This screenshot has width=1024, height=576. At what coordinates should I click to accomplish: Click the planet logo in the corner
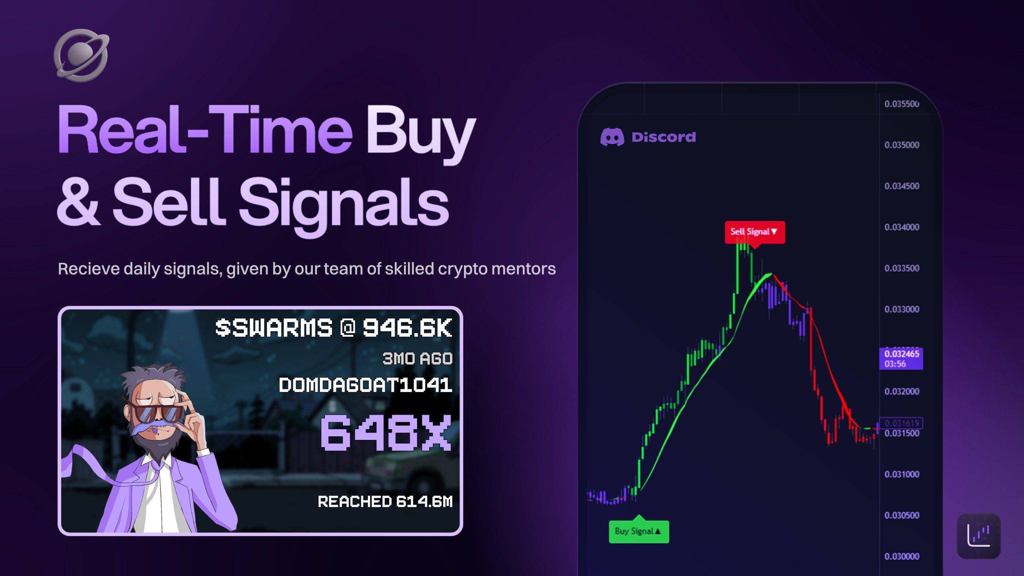[81, 55]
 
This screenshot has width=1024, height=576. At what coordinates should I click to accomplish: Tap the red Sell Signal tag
[755, 232]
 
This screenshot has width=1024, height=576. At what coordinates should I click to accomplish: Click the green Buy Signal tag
[639, 530]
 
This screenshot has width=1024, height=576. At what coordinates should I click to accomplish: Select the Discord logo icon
[612, 137]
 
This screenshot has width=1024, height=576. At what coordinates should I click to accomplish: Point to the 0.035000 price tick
[902, 145]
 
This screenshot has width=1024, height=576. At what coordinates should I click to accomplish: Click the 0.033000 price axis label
[902, 309]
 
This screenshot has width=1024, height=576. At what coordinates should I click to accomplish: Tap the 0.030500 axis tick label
[902, 515]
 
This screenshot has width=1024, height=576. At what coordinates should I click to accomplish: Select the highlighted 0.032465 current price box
[901, 359]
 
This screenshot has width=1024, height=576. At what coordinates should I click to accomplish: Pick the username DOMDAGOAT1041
[366, 385]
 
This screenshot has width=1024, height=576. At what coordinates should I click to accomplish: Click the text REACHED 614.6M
[385, 502]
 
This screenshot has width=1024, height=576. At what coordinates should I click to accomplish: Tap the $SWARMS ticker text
[274, 328]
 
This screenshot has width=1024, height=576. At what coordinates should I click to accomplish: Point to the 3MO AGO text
[418, 358]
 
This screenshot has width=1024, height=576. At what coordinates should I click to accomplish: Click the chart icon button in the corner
[979, 536]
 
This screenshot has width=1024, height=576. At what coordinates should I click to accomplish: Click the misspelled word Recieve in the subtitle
[89, 269]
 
